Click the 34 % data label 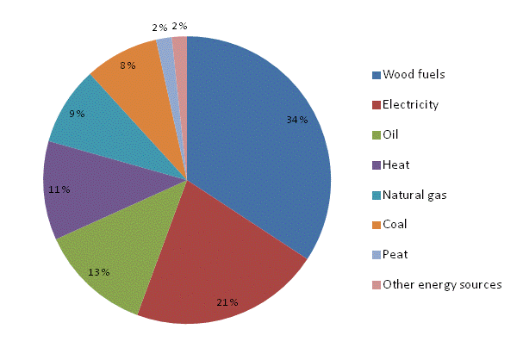(297, 121)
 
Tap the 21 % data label (227, 302)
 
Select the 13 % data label (98, 272)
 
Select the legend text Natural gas (414, 195)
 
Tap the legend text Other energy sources (441, 284)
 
